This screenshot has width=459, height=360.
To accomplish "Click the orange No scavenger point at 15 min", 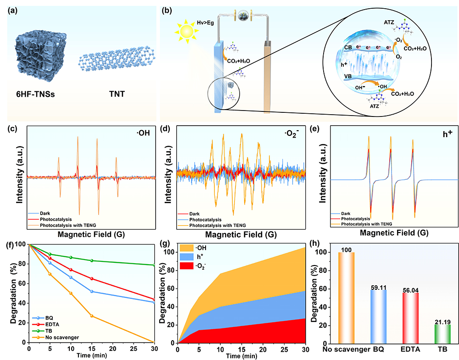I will [x=91, y=316].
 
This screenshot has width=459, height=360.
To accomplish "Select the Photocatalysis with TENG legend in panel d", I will [x=216, y=225].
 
